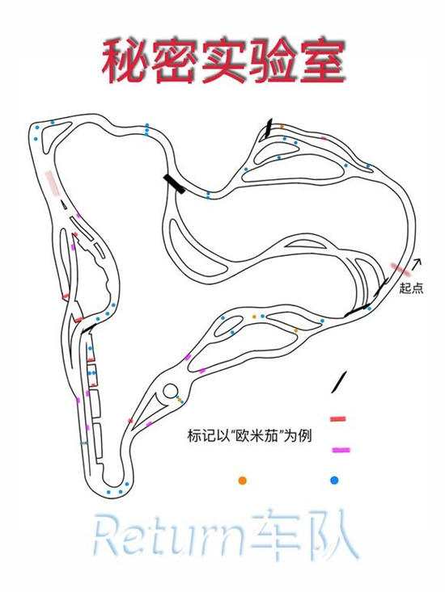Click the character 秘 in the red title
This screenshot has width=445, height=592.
(x=125, y=61)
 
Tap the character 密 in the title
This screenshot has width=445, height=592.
(x=175, y=61)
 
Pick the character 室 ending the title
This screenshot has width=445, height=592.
(x=323, y=61)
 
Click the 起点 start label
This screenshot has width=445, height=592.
(x=411, y=288)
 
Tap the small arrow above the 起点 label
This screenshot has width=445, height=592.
(x=416, y=264)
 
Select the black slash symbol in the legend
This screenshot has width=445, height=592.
(x=339, y=383)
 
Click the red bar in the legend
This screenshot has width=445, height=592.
(x=338, y=418)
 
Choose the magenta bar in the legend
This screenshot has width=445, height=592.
(x=341, y=450)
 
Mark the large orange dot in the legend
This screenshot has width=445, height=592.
(x=243, y=481)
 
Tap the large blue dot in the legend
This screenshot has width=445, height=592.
(x=334, y=481)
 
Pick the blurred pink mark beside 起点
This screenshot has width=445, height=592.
(x=400, y=269)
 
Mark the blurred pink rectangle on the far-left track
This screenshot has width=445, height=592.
(x=53, y=184)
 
